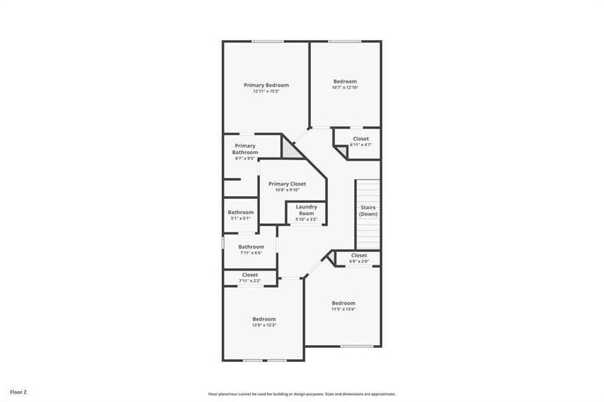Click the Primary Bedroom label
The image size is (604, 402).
pyautogui.click(x=266, y=85)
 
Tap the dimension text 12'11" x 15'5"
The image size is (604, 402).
pyautogui.click(x=266, y=91)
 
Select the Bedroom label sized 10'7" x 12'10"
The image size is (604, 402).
pyautogui.click(x=345, y=82)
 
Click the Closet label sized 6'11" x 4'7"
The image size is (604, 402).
pyautogui.click(x=361, y=139)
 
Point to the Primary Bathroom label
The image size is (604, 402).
pyautogui.click(x=245, y=149)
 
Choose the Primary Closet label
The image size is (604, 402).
pyautogui.click(x=287, y=184)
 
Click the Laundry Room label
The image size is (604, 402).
pyautogui.click(x=306, y=210)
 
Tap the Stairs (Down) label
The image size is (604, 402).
pyautogui.click(x=369, y=210)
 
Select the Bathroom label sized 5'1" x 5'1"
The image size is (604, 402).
pyautogui.click(x=241, y=212)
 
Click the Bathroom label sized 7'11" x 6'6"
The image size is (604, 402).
pyautogui.click(x=251, y=247)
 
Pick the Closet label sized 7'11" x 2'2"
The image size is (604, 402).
pyautogui.click(x=250, y=275)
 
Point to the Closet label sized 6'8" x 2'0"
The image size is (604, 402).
pyautogui.click(x=359, y=255)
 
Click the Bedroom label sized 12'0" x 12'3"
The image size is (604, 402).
pyautogui.click(x=264, y=319)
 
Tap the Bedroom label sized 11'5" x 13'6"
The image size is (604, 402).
pyautogui.click(x=343, y=303)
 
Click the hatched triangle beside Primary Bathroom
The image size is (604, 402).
pyautogui.click(x=290, y=149)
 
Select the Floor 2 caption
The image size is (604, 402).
pyautogui.click(x=18, y=391)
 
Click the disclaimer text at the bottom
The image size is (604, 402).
pyautogui.click(x=302, y=394)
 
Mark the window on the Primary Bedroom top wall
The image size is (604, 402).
pyautogui.click(x=267, y=42)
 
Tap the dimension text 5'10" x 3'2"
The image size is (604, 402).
pyautogui.click(x=306, y=219)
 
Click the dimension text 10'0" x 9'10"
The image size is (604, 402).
pyautogui.click(x=287, y=190)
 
